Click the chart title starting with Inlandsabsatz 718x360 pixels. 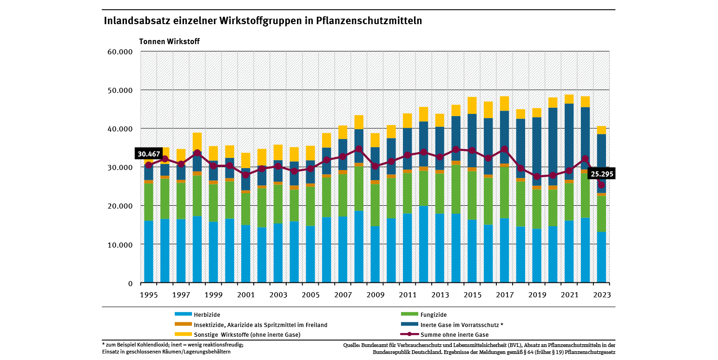point(263,21)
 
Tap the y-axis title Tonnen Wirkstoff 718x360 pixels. point(169,41)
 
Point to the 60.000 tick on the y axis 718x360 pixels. point(119,52)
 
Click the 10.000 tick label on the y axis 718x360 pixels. point(119,245)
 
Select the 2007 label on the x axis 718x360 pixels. point(343,295)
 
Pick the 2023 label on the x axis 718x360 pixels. point(601,295)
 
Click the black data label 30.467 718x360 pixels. point(148,153)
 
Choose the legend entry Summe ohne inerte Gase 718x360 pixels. point(454,334)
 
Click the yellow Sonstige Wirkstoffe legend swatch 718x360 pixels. point(183,334)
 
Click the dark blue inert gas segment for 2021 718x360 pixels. point(569,139)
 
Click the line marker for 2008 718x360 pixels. point(359,149)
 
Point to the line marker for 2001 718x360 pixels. point(245,175)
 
